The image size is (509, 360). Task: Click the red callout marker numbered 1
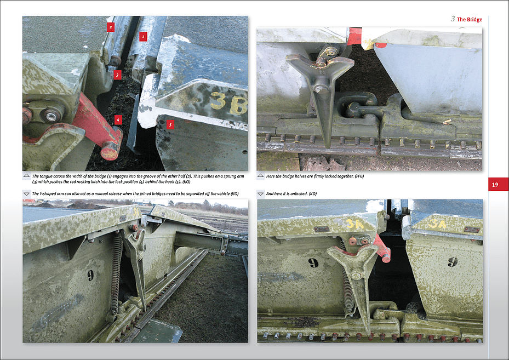coord(143,36)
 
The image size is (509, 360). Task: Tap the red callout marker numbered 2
coord(111,27)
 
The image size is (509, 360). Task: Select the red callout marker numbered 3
coord(117,75)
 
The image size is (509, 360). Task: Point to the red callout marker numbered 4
coord(118,120)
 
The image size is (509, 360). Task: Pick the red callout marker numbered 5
coord(170,124)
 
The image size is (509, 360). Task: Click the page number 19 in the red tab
coord(495,185)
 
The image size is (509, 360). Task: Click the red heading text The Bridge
coord(470,20)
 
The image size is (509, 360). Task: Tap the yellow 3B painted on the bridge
coord(229,104)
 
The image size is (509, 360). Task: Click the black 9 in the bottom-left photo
coord(90,276)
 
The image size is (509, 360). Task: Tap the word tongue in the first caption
coord(47,176)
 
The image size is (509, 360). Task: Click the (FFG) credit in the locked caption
coord(359,176)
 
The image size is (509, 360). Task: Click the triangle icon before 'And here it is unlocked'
coord(260,194)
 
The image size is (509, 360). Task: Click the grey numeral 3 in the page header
coord(453,19)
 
